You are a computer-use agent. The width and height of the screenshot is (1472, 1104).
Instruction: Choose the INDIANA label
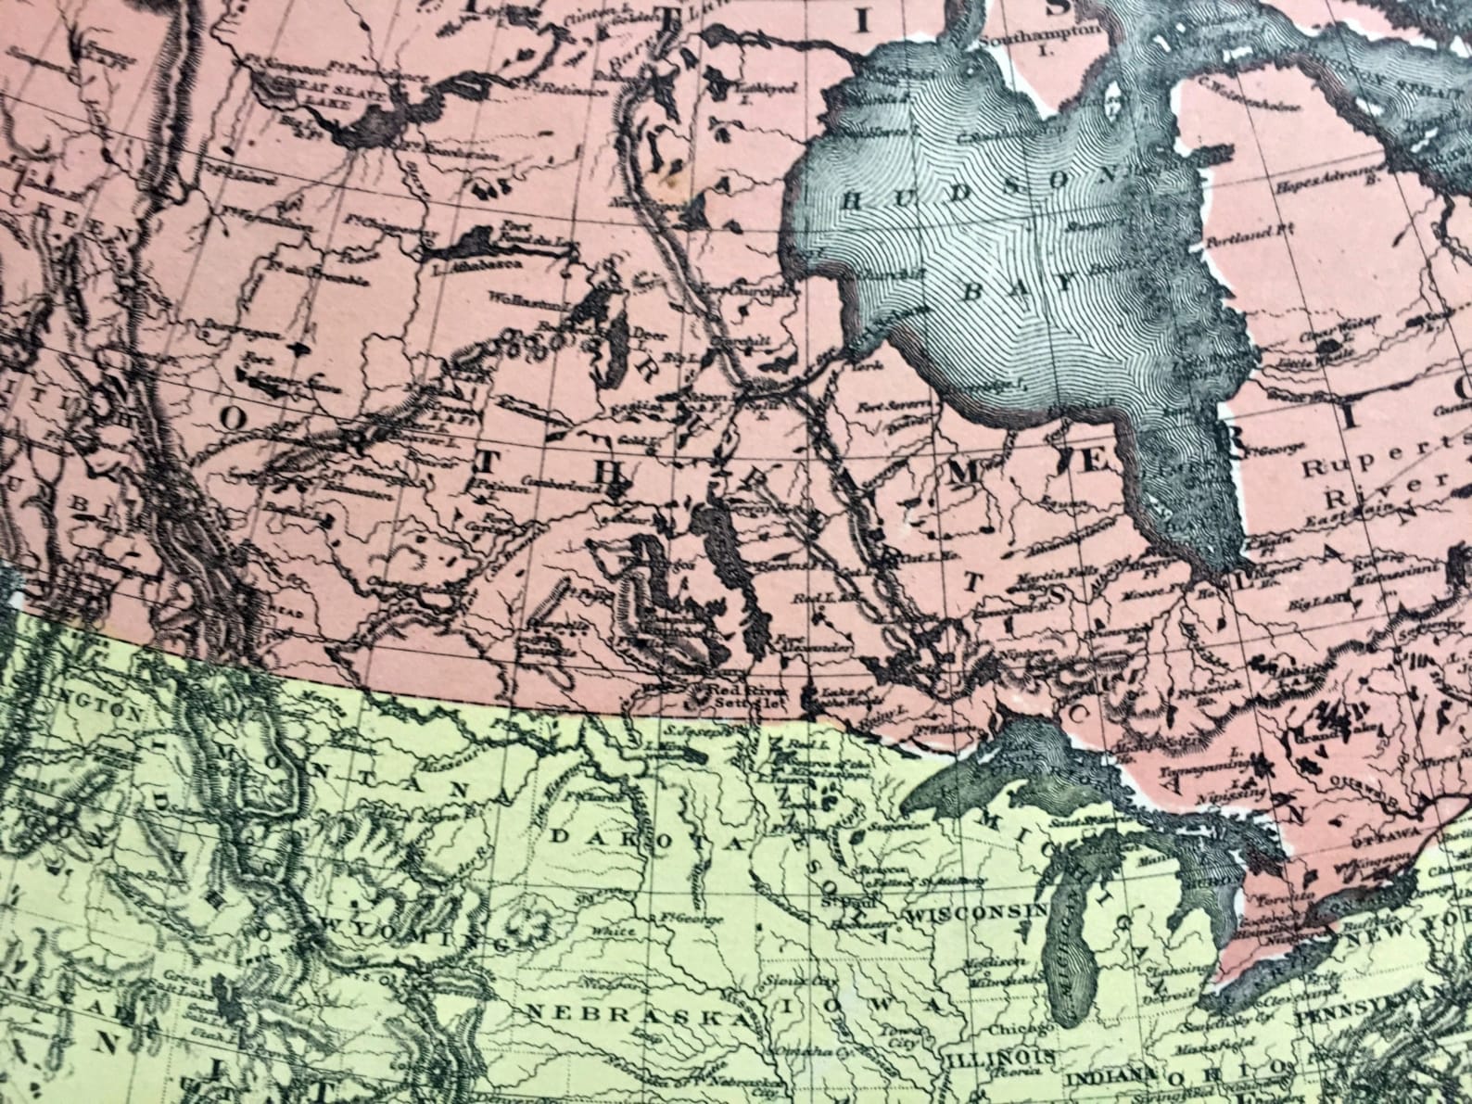pyautogui.click(x=1107, y=1079)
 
